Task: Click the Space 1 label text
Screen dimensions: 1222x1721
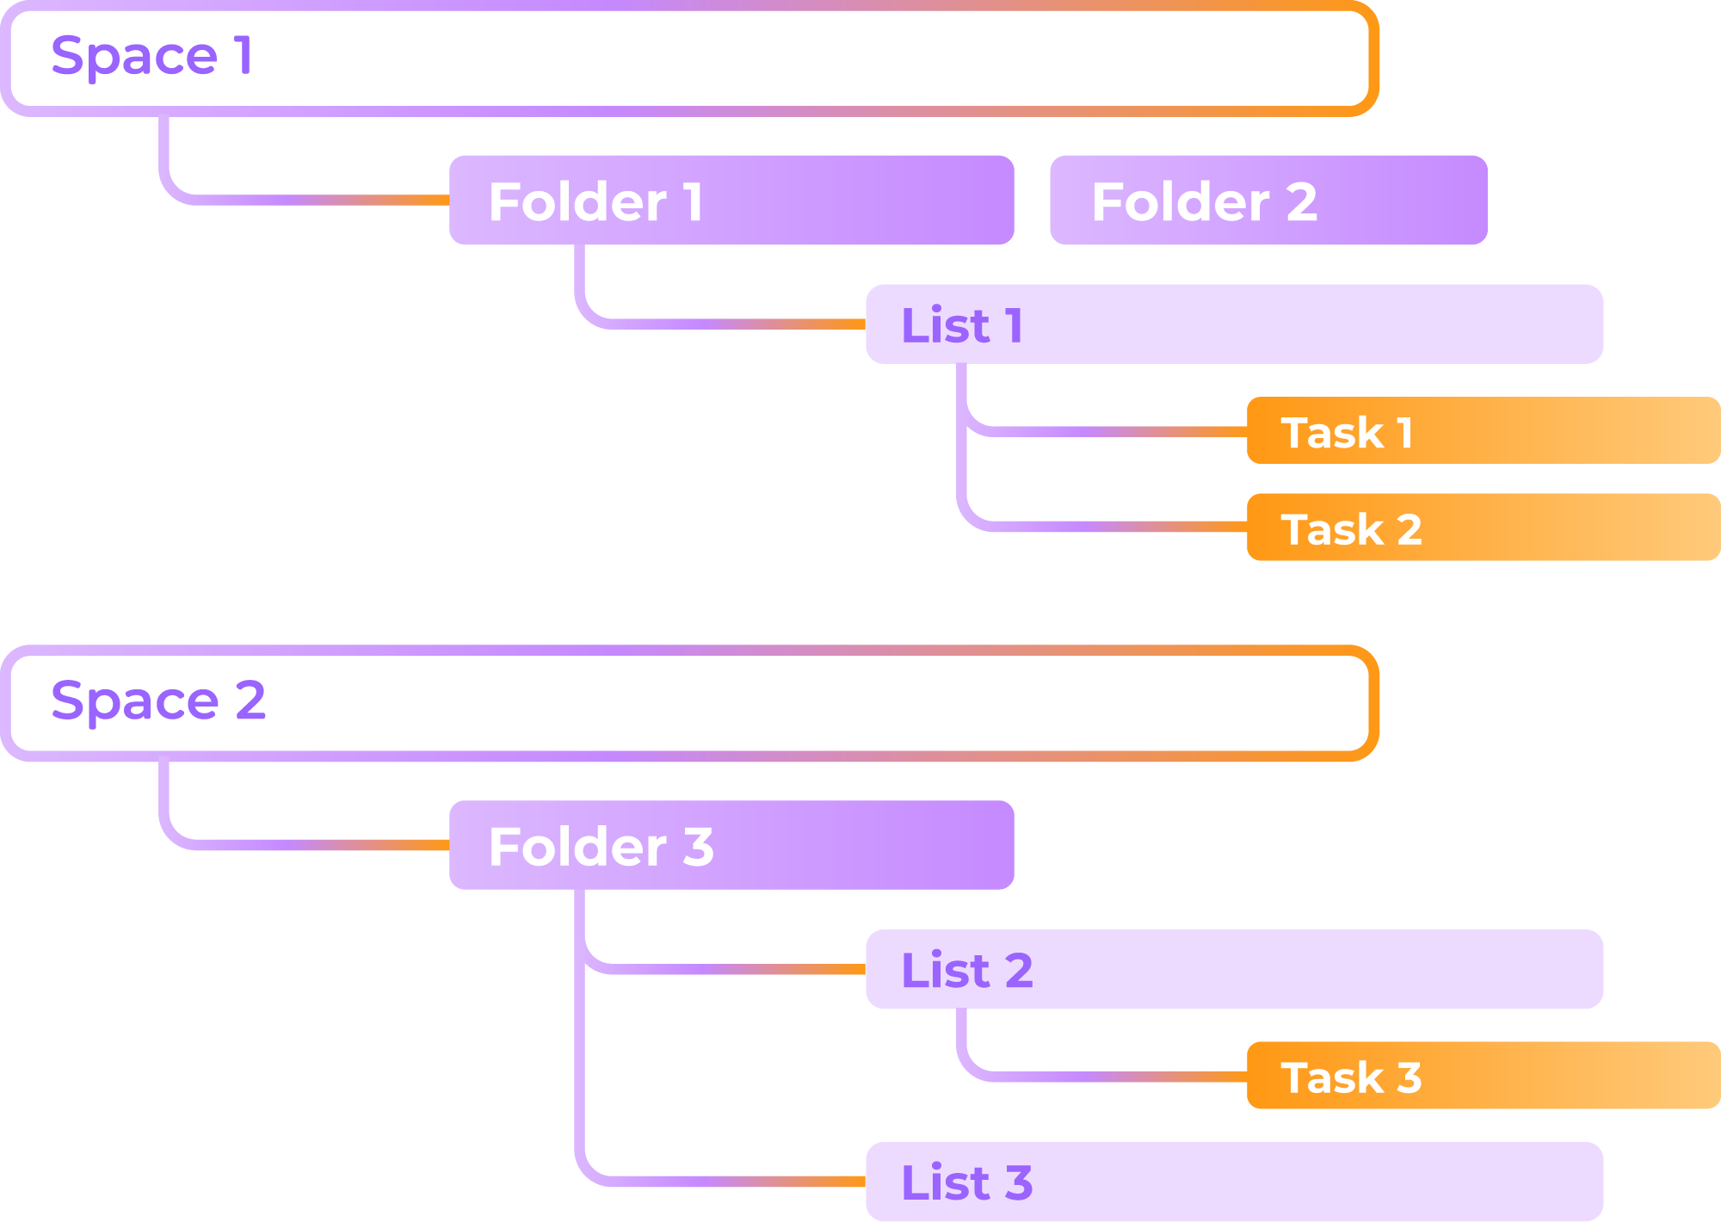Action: tap(151, 56)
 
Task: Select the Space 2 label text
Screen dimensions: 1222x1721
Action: tap(157, 700)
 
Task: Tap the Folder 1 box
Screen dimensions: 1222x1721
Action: tap(731, 201)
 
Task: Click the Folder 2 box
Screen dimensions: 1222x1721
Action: tap(1268, 201)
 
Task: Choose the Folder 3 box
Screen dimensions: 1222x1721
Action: tap(731, 845)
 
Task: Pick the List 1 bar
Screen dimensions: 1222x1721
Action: tap(1234, 324)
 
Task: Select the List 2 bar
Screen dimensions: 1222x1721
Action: tap(1234, 969)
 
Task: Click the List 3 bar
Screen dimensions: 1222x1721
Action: tap(1234, 1182)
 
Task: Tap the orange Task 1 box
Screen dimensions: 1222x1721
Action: tap(1483, 431)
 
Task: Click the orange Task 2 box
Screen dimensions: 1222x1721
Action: tap(1483, 528)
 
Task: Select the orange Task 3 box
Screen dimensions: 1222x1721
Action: tap(1483, 1076)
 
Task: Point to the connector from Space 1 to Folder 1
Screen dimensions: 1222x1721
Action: tap(301, 200)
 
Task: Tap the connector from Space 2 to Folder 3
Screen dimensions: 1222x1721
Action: tap(301, 845)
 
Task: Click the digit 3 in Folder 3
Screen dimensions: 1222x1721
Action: tap(698, 847)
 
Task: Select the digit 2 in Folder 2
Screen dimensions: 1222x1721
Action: tap(1301, 202)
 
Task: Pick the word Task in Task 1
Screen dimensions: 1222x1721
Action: tap(1331, 433)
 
